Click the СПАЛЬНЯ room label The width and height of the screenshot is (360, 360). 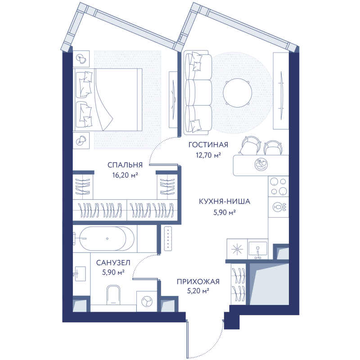click(125, 165)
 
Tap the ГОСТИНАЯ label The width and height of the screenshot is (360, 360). click(208, 145)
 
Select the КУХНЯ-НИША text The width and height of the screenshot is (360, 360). click(225, 202)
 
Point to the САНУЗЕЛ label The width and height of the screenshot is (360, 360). click(113, 263)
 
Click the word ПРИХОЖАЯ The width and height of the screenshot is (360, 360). click(198, 282)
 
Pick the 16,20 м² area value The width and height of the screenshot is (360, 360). click(125, 175)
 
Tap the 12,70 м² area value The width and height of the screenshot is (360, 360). click(208, 155)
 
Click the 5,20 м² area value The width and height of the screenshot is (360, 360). click(198, 291)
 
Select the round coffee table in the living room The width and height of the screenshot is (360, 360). click(238, 93)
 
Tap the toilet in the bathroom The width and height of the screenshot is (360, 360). click(113, 295)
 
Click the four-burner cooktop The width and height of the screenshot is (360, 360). click(279, 186)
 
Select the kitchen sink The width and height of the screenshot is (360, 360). click(258, 249)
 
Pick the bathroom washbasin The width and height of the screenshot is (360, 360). click(80, 274)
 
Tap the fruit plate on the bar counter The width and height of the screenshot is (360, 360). click(261, 164)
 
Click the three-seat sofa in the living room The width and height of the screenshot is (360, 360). click(198, 93)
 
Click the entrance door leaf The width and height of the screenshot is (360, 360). click(188, 338)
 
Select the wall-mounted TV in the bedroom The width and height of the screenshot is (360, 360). click(173, 99)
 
